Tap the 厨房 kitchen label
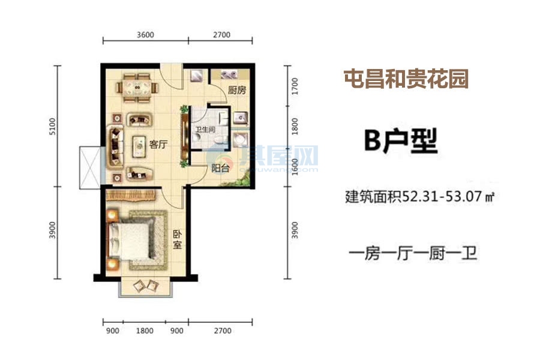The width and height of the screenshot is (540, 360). point(237,91)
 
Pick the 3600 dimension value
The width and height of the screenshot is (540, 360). point(145,35)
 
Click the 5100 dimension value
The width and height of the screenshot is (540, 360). point(52,127)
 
